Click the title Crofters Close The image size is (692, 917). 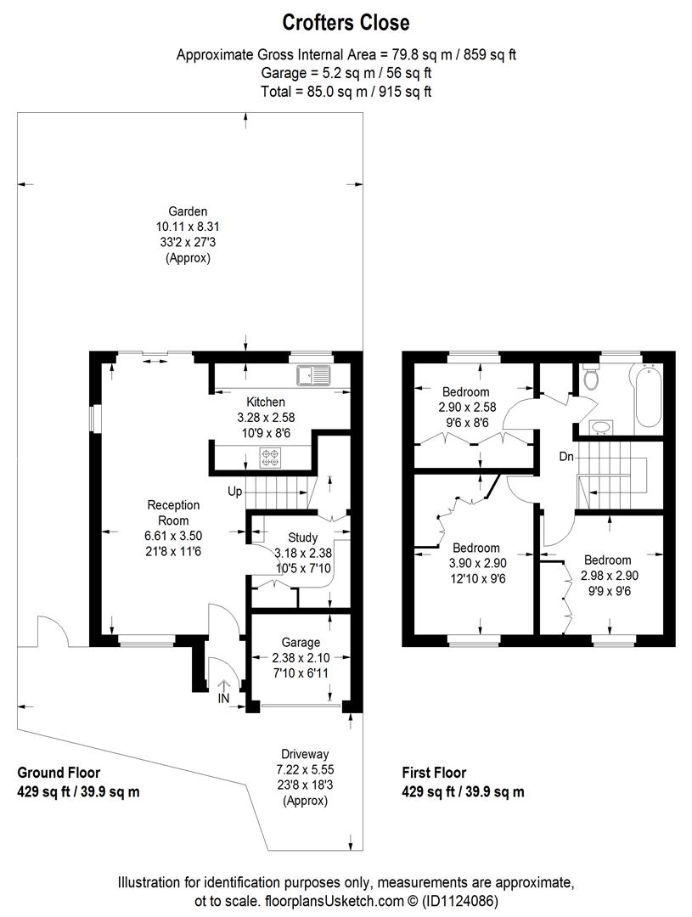tap(346, 22)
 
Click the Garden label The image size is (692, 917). tap(188, 211)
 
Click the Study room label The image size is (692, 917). tap(302, 537)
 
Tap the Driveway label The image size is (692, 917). tap(305, 753)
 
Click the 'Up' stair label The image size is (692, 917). tap(235, 492)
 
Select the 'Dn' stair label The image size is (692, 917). tap(566, 458)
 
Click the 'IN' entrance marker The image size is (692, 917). tap(225, 699)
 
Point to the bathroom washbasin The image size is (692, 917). tap(601, 426)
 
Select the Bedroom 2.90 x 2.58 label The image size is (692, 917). tap(464, 391)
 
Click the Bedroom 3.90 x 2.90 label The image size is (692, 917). tap(475, 548)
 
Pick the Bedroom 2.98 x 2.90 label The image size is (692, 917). tap(607, 560)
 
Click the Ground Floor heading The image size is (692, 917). tap(59, 773)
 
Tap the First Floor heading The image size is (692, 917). tap(434, 773)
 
